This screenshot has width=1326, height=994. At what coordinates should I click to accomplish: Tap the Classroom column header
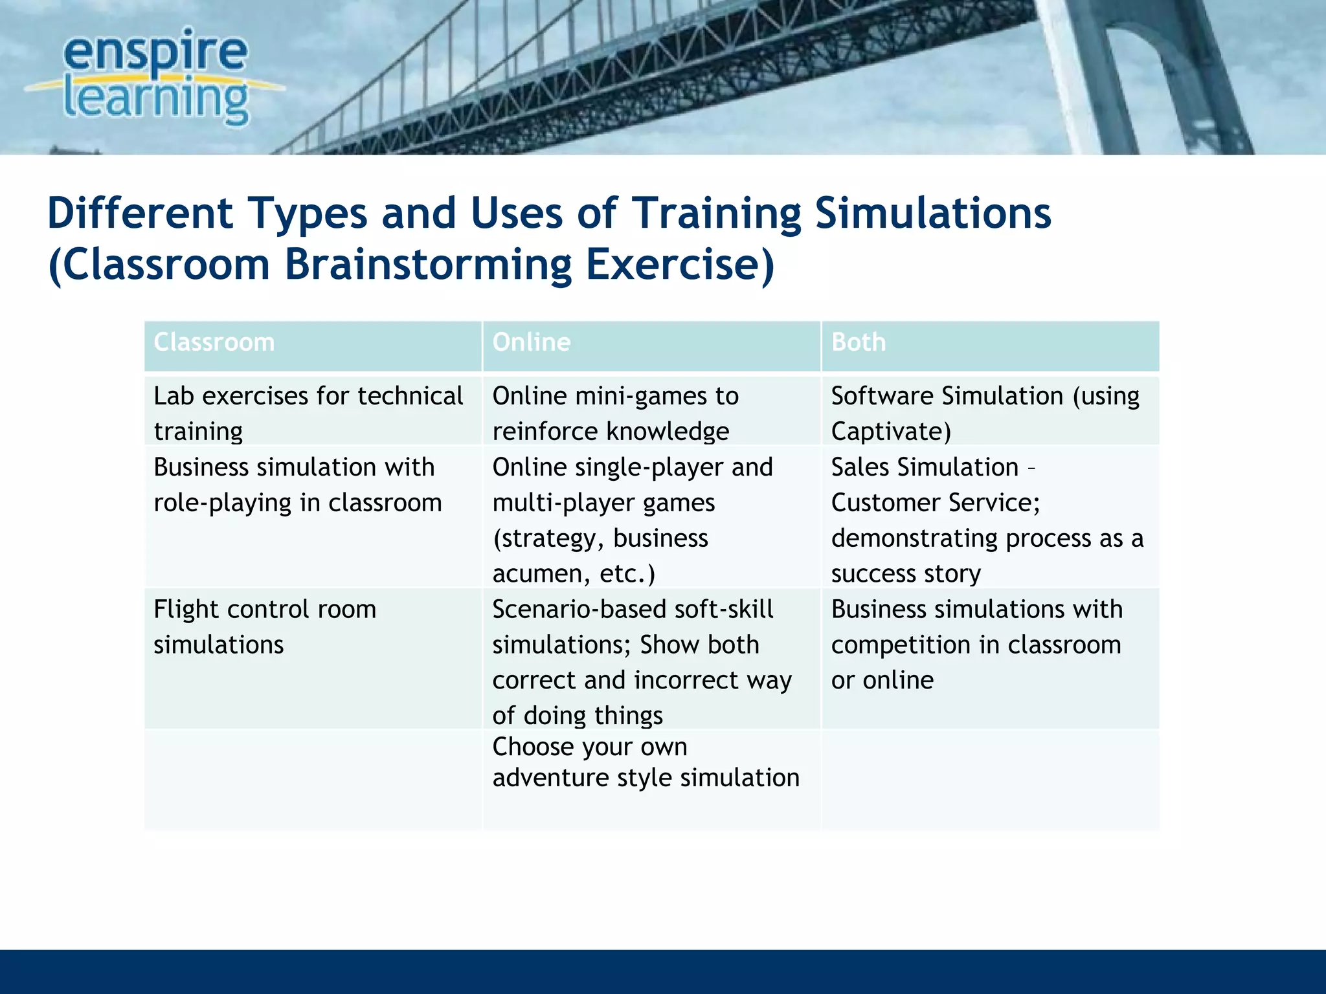click(214, 342)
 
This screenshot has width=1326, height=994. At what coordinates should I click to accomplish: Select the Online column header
click(532, 342)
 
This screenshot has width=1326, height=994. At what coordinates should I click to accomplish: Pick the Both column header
click(858, 342)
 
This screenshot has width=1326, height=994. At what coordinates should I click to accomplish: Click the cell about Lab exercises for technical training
click(308, 412)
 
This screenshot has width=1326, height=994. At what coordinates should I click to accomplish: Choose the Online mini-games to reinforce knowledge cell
click(615, 412)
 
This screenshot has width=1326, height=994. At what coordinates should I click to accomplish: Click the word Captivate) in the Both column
click(891, 431)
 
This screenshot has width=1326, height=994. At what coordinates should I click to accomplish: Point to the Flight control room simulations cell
click(265, 626)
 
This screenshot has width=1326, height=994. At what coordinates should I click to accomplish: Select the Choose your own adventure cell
click(646, 762)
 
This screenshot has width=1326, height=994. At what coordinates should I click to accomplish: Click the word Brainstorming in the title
click(428, 265)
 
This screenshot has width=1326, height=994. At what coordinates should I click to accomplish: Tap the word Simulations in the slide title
click(933, 214)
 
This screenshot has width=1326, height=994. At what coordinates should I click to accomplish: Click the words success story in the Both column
click(906, 574)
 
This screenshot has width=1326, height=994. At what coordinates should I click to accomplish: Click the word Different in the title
click(140, 214)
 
